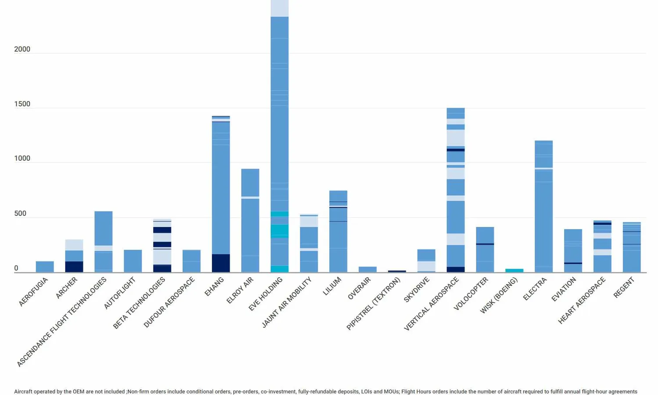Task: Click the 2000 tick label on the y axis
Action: coord(22,49)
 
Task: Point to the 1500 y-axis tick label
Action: coord(22,104)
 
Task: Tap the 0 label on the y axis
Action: coord(16,268)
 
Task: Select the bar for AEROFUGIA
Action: coord(45,267)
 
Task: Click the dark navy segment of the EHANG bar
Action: coord(221,263)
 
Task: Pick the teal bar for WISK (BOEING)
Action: coord(514,270)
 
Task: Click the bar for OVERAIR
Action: coord(368,269)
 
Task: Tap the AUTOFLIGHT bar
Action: coord(133,261)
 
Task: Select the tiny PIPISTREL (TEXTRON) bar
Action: coord(397,271)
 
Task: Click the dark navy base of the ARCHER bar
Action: coord(74,267)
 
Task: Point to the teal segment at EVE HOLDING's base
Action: coord(279,269)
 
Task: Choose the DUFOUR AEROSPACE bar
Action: coord(191,261)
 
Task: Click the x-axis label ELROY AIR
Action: coord(240,291)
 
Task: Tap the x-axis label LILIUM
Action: coord(332,287)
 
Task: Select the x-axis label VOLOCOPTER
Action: coord(471,293)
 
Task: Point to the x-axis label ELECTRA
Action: coord(535,289)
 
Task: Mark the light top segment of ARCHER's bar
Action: coord(74,245)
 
